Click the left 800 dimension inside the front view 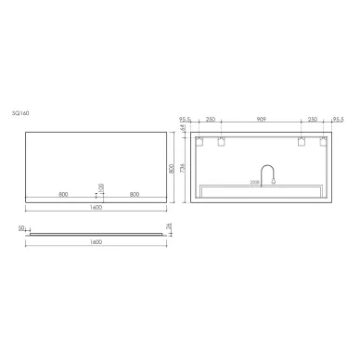[62, 194]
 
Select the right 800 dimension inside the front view [135, 194]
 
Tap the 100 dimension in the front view [100, 190]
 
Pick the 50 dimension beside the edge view [20, 226]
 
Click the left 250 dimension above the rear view [211, 121]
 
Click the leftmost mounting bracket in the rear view [197, 142]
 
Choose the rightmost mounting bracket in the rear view [323, 142]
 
